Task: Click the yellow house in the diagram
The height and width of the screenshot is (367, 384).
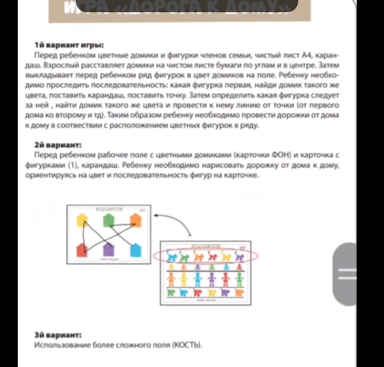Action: (x=82, y=220)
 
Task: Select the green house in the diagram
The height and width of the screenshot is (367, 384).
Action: (x=109, y=220)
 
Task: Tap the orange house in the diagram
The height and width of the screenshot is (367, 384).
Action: (x=135, y=221)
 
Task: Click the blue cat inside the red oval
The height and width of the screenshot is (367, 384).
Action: (x=171, y=256)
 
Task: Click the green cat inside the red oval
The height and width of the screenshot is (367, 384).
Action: (x=184, y=256)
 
